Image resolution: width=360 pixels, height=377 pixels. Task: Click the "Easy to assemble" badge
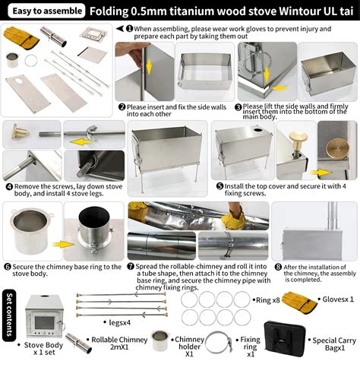pos(46,11)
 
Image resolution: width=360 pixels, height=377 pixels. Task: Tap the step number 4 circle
pos(9,187)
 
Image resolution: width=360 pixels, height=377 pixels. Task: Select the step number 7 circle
pos(131,267)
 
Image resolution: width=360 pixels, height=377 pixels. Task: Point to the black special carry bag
pos(285,339)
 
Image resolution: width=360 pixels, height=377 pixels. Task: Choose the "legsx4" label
pos(120,322)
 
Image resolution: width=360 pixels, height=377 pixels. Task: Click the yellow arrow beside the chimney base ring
pos(63,245)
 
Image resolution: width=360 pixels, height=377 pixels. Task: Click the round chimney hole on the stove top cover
pos(258,130)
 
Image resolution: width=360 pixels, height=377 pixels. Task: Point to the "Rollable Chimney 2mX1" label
pos(119,344)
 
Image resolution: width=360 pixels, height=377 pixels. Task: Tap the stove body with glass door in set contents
pos(44,318)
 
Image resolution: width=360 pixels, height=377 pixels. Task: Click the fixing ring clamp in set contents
pos(219,342)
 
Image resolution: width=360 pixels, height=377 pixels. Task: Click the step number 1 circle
pos(129,29)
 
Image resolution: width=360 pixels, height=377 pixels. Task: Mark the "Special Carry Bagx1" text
pos(334,344)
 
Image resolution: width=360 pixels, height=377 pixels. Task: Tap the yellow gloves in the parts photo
pos(21,38)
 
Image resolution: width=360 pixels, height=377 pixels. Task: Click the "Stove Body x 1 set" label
pos(43,349)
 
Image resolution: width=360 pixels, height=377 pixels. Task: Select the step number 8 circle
pos(278,267)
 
